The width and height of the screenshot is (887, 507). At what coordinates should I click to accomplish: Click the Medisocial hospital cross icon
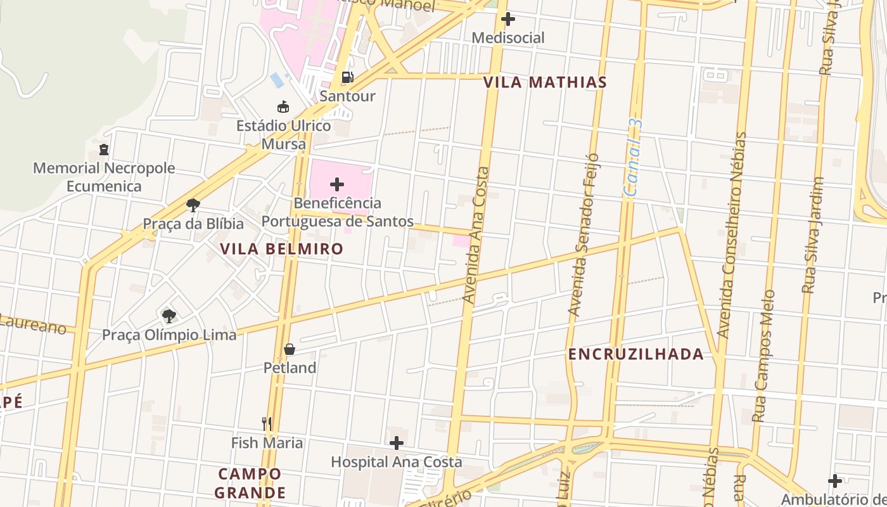507,19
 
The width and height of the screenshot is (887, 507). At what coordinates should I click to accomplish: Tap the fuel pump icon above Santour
347,77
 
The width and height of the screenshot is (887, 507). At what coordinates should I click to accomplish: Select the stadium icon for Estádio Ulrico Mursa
283,107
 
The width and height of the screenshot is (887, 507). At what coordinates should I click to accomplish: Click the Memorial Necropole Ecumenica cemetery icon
104,150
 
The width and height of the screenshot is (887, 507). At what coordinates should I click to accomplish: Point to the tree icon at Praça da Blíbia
193,205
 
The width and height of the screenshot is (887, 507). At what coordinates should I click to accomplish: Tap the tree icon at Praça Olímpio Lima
169,315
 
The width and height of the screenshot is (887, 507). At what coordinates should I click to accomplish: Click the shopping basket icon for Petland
290,349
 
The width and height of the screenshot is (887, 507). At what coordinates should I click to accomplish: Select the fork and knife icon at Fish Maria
267,423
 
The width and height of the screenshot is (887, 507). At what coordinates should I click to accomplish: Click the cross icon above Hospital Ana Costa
397,442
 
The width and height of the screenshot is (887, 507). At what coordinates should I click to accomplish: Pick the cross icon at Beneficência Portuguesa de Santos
337,184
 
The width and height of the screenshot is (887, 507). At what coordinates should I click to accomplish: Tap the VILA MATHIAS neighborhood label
545,82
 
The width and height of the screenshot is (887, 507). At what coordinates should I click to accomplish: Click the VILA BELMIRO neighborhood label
282,249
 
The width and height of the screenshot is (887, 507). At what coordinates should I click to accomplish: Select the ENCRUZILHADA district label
636,354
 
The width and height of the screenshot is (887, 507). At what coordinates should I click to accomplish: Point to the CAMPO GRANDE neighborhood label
250,483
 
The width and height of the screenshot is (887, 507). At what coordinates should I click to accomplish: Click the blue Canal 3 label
633,158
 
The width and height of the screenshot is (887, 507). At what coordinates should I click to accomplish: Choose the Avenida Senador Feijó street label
584,234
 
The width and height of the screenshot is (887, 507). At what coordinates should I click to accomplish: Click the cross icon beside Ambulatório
835,481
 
